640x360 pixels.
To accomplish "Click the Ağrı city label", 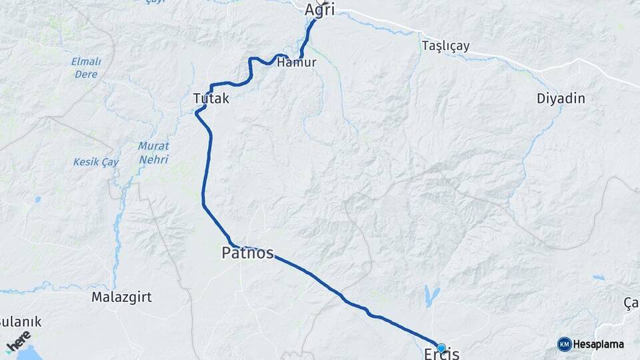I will click(319, 10).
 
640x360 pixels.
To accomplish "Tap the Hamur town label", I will click(296, 63).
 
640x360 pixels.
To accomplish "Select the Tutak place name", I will click(211, 99).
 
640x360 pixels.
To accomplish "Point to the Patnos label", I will click(247, 253).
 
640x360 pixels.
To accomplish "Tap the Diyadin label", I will click(561, 99).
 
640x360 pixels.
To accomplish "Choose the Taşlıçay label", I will click(446, 47).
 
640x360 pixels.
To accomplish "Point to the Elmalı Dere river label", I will click(86, 68).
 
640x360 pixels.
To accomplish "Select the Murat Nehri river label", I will click(153, 153).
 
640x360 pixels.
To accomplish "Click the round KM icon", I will click(564, 344).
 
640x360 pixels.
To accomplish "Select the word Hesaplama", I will click(599, 345).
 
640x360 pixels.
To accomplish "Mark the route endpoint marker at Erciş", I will click(441, 347).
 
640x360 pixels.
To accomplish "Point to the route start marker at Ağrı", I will click(321, 2).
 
